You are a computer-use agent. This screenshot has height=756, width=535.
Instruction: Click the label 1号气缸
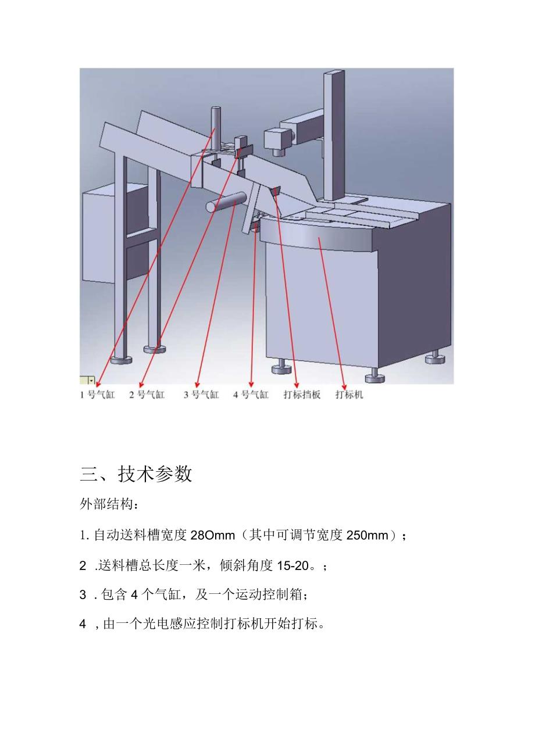(x=98, y=395)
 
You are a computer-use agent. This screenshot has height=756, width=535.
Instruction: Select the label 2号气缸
(x=147, y=395)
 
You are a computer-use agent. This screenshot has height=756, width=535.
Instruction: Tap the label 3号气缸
(x=201, y=395)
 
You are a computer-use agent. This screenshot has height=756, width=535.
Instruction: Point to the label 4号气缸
(x=251, y=395)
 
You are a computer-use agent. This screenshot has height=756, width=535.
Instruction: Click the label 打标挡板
(x=302, y=395)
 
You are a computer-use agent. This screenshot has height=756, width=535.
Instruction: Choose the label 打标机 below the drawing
(x=349, y=395)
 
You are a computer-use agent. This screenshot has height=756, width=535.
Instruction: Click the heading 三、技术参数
(x=135, y=474)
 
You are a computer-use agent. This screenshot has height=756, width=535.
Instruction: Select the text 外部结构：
(x=109, y=504)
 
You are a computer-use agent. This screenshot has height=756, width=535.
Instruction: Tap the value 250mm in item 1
(x=366, y=535)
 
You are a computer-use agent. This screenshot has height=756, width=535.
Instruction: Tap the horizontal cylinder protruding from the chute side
(x=224, y=202)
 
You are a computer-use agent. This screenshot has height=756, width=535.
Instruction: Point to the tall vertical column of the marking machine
(x=334, y=134)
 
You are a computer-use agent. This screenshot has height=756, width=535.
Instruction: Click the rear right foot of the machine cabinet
(x=434, y=357)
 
